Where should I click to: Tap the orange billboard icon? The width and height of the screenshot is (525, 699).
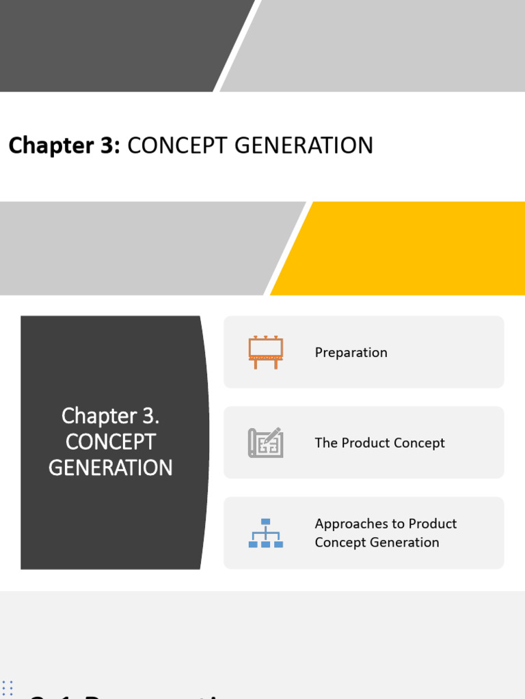click(265, 352)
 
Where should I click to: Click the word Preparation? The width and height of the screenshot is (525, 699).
click(351, 352)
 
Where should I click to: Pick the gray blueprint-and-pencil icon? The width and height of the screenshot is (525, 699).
click(265, 442)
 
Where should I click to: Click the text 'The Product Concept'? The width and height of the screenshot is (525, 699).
click(379, 443)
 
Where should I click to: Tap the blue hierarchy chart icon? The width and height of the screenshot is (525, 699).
click(265, 533)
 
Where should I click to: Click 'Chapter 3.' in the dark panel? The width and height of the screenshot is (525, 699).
click(110, 415)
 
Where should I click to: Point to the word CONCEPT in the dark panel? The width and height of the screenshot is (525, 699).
click(110, 442)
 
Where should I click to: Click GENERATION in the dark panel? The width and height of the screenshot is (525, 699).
click(110, 468)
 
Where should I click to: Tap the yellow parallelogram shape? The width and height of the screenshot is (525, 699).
click(403, 249)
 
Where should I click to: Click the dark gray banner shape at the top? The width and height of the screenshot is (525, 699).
click(116, 44)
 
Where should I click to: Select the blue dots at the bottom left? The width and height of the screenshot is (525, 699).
click(8, 687)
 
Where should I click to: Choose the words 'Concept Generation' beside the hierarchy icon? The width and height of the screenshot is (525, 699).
click(377, 543)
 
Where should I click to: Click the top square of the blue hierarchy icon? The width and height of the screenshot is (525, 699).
click(265, 522)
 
